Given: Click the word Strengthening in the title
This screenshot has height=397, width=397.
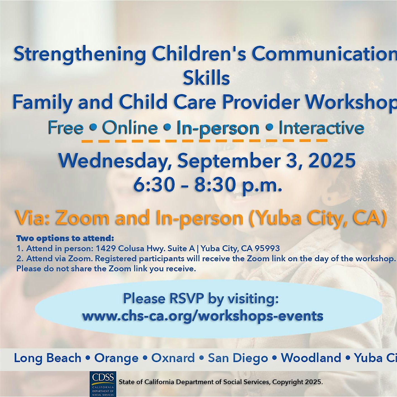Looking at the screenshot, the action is (x=80, y=54).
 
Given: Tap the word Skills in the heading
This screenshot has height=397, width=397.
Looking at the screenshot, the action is (x=206, y=78).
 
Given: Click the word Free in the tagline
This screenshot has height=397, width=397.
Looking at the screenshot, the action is (x=66, y=128).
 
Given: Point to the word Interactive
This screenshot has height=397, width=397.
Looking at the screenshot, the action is (x=321, y=128).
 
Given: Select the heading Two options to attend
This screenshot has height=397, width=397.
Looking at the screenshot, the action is (x=65, y=239).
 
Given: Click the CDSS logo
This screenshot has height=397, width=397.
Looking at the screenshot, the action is (x=103, y=384).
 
